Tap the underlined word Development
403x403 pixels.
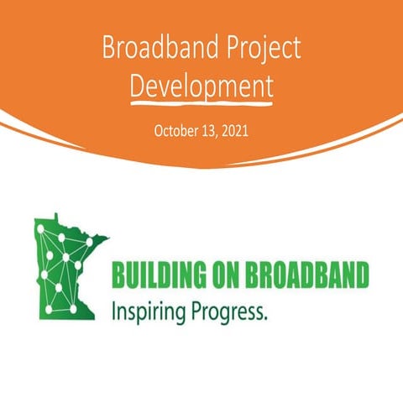click(x=201, y=85)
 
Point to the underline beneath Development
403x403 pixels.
click(x=201, y=101)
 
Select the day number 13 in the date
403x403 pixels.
click(x=210, y=132)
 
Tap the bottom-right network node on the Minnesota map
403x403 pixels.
click(x=74, y=309)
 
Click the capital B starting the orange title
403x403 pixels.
click(x=108, y=49)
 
